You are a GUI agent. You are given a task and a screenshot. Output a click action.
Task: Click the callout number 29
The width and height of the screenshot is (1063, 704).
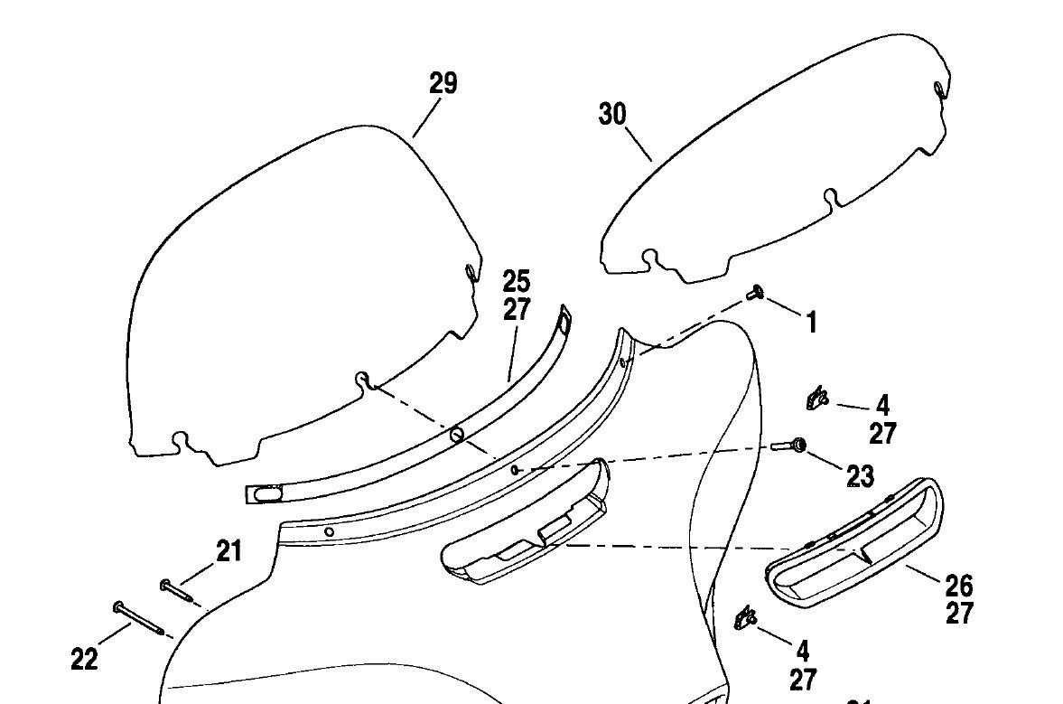[x=443, y=84]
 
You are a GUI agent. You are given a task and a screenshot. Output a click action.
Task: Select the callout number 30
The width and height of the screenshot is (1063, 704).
[x=611, y=115]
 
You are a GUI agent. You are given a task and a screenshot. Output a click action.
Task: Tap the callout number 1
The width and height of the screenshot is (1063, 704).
[x=811, y=322]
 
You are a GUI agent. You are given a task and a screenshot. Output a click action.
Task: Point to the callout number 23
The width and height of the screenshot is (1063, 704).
[x=860, y=475]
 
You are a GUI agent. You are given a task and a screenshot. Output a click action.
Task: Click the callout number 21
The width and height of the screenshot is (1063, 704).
[x=228, y=550]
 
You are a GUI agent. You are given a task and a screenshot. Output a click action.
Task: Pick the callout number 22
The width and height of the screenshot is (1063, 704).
[x=84, y=660]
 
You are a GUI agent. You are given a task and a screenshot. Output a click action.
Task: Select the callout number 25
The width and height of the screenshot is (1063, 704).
[x=517, y=281]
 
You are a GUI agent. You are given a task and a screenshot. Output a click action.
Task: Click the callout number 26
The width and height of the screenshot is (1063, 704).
[x=959, y=585]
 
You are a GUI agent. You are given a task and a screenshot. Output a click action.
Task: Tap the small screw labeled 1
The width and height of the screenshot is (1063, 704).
[x=755, y=292]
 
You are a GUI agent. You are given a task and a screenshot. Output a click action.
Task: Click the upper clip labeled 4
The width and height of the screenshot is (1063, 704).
[x=816, y=397]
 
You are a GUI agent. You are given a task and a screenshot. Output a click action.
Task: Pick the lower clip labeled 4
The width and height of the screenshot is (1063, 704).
[x=745, y=619]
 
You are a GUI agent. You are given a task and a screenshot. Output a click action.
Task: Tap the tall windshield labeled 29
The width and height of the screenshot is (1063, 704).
[x=298, y=289]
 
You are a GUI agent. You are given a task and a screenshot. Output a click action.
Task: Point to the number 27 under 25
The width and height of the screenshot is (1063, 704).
[x=517, y=309]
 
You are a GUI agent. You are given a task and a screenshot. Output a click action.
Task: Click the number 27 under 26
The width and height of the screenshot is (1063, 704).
[x=959, y=614]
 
